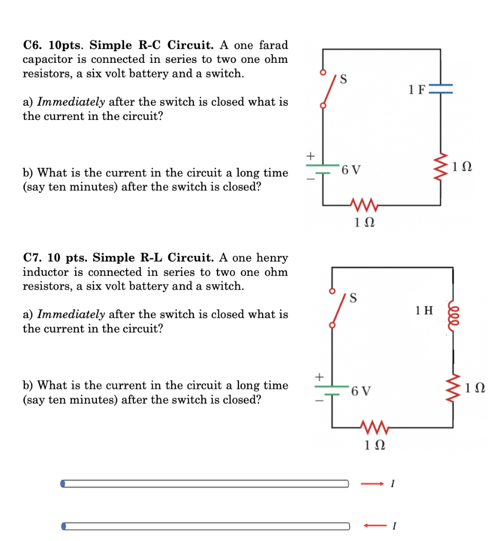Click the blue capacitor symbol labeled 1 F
click(x=441, y=90)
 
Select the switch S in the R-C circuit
click(x=328, y=90)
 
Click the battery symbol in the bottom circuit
click(x=332, y=390)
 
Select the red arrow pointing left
click(x=373, y=526)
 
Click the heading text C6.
click(x=33, y=45)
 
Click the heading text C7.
click(x=33, y=258)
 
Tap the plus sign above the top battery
click(x=311, y=156)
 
